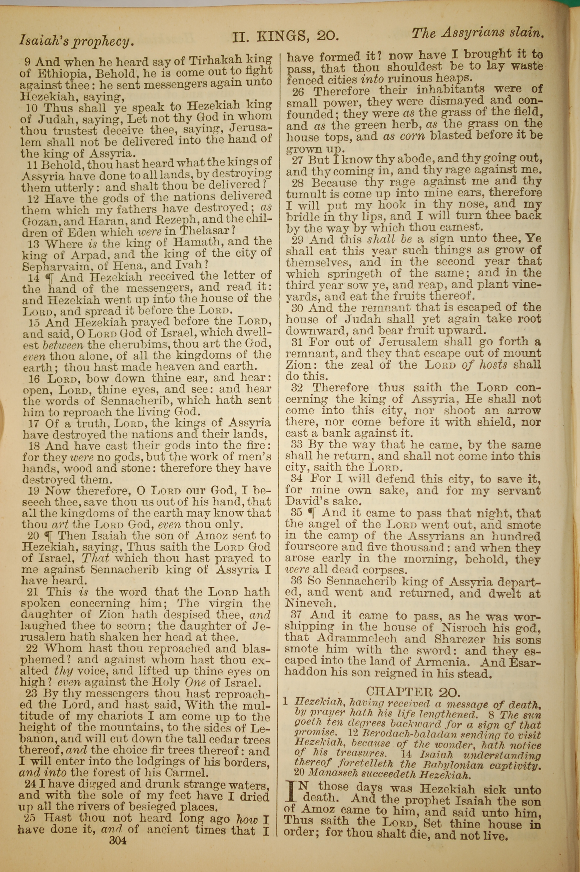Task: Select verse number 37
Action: click(x=297, y=615)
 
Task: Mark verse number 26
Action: click(x=298, y=91)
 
